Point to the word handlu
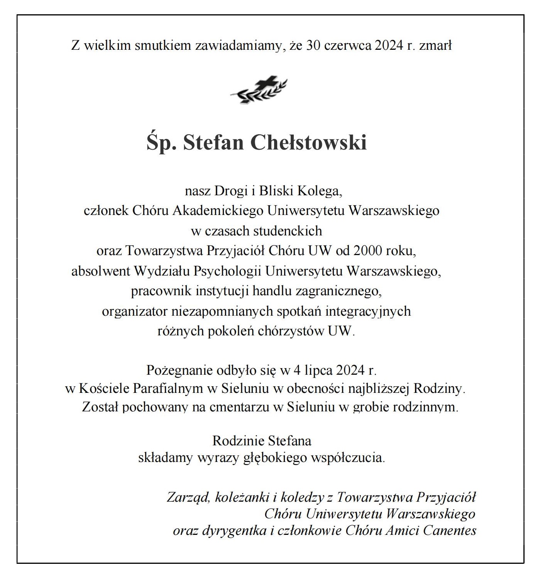point(272,291)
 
